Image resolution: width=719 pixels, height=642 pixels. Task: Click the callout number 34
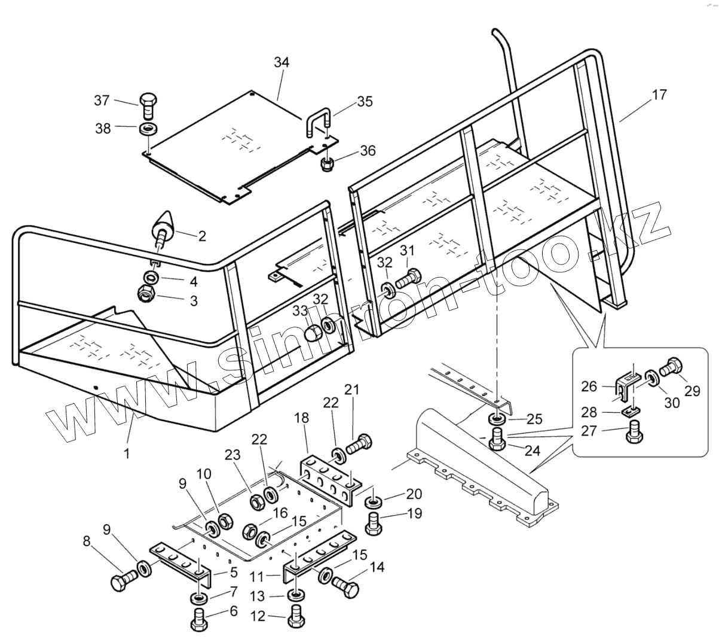click(x=282, y=62)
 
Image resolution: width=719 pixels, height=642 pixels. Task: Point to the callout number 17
click(x=660, y=95)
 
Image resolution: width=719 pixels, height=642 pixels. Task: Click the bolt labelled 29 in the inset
click(x=672, y=364)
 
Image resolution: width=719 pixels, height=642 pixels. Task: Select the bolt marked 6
click(x=199, y=618)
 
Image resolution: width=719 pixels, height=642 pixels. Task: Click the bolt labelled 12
click(x=295, y=617)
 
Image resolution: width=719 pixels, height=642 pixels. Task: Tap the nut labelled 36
click(x=328, y=163)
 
